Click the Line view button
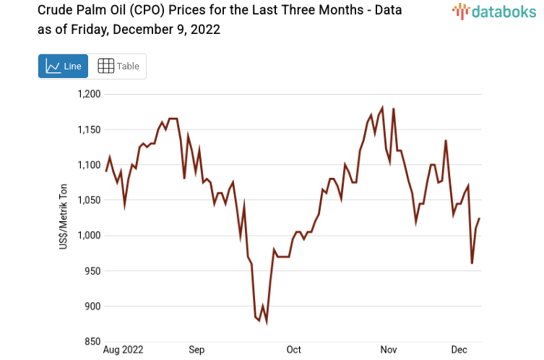point(63,66)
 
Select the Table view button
point(118,66)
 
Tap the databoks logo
point(494,11)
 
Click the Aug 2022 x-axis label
point(124,350)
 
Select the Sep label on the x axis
point(197,350)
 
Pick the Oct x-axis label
point(293,350)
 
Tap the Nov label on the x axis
point(389,350)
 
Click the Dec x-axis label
point(459,350)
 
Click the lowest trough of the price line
point(267,323)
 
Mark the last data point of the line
point(479,218)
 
